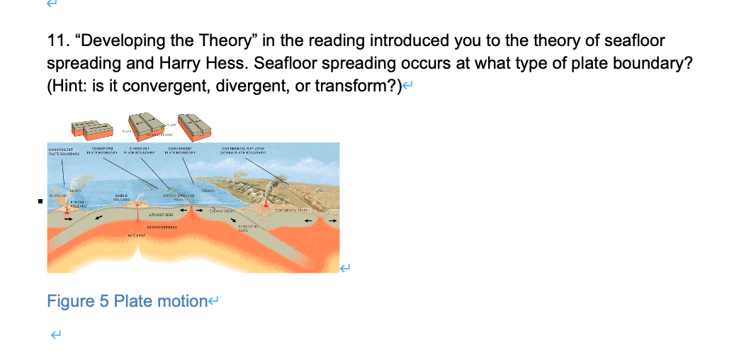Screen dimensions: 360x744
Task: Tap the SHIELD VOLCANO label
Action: point(119,198)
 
